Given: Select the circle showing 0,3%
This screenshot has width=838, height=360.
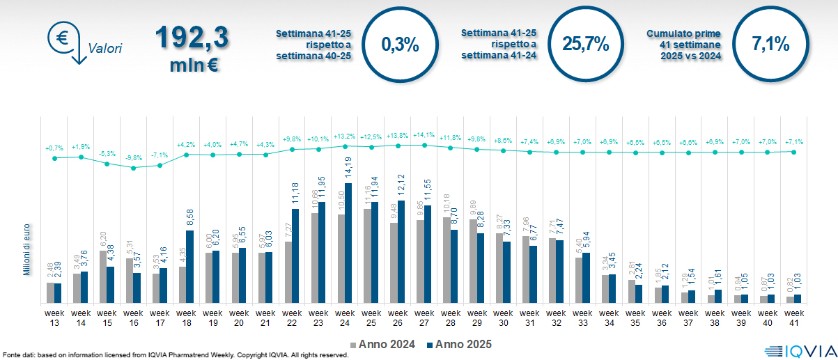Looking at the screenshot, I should [x=401, y=45].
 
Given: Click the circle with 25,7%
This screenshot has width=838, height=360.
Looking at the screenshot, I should [x=585, y=45].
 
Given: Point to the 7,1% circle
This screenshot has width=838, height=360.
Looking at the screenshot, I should [x=770, y=45].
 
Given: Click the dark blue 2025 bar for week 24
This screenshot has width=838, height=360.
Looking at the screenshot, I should [x=348, y=243].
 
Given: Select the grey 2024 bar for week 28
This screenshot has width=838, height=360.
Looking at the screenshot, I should [x=447, y=260].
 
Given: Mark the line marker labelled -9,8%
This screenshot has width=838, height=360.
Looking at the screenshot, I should [x=134, y=167].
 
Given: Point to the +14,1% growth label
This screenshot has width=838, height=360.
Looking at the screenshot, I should [x=424, y=136].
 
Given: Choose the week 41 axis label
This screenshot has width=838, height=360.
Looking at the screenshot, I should [x=793, y=318].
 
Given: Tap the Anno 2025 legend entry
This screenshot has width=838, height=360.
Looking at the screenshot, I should [x=460, y=344].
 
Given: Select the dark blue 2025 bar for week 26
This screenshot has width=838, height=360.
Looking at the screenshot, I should [x=401, y=251].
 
